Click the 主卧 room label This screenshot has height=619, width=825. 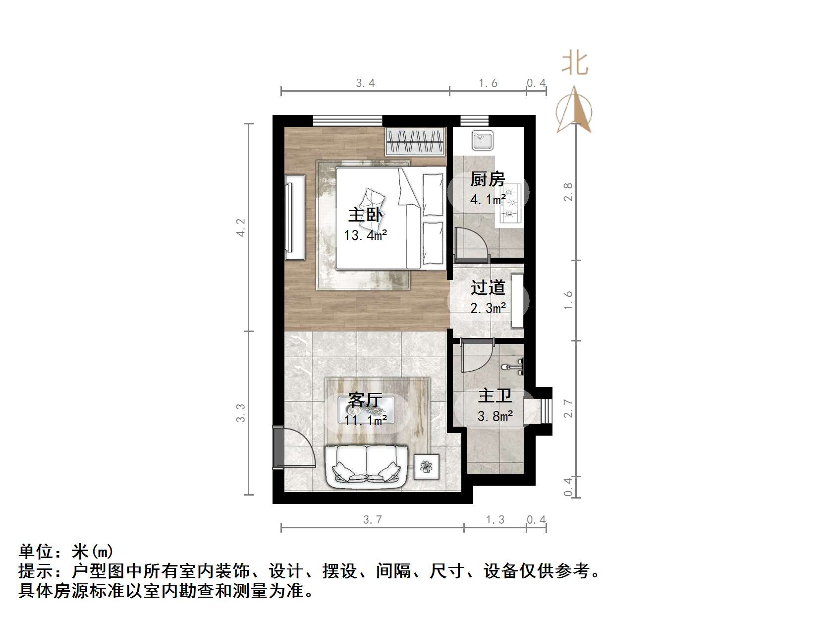click(x=366, y=215)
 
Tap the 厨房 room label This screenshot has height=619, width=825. click(x=488, y=179)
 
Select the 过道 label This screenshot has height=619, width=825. click(x=488, y=287)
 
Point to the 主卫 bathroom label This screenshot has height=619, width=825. click(x=495, y=396)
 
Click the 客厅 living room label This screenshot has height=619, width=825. click(x=365, y=400)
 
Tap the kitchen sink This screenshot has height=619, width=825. click(x=482, y=140)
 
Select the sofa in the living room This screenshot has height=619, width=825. click(x=366, y=466)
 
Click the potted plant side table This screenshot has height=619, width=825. click(x=426, y=466)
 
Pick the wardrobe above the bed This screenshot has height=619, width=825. click(x=415, y=141)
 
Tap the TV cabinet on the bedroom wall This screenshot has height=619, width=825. click(x=295, y=217)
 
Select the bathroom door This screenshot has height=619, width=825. click(x=476, y=356)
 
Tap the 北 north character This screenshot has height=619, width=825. click(x=575, y=63)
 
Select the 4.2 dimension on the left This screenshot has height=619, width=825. click(x=241, y=227)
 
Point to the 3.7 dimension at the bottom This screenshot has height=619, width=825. click(x=373, y=519)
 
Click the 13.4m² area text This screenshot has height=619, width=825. click(x=366, y=235)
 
